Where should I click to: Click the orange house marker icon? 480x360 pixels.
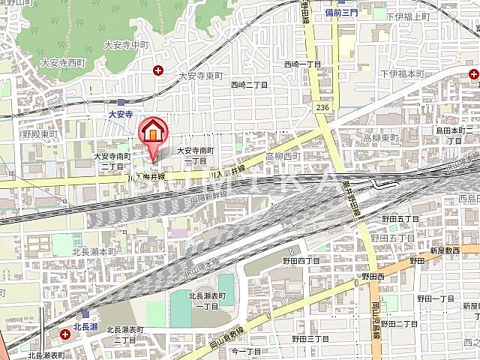pos(152,131)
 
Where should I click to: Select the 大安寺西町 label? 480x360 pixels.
pos(61,64)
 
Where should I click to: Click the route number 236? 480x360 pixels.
pos(323,109)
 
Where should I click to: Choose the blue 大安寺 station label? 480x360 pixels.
pos(119,115)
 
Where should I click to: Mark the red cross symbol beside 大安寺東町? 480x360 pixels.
pos(157,71)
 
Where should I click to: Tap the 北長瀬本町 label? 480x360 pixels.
pos(95,251)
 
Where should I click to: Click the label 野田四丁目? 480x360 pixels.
pos(301,260)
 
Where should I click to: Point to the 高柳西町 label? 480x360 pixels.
pos(282,156)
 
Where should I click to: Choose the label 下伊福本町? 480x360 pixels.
pos(402,73)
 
